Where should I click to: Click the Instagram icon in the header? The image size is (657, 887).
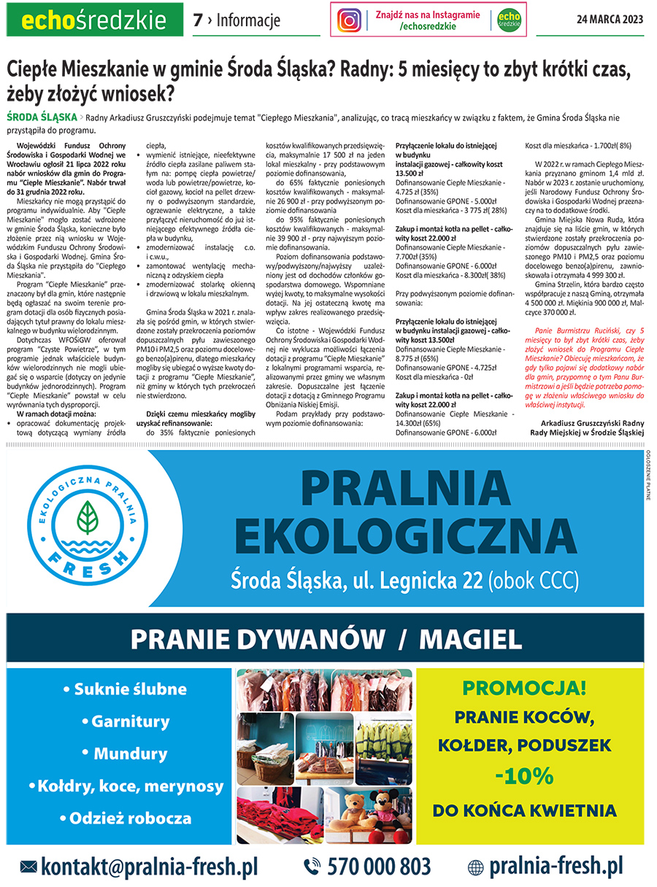tap(350, 20)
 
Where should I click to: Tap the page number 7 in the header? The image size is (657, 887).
tap(198, 20)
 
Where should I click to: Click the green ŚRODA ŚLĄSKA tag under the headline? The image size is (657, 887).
tap(41, 117)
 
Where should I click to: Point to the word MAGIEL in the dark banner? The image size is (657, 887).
tap(471, 640)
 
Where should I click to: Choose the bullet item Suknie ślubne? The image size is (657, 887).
tap(124, 689)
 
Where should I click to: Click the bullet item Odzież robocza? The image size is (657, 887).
tap(126, 818)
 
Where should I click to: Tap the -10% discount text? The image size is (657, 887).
tap(523, 775)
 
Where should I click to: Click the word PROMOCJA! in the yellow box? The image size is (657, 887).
tap(523, 687)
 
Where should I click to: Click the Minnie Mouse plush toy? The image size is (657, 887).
tap(388, 806)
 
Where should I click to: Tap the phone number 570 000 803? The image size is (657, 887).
tap(378, 867)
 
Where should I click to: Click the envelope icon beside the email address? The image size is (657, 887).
tap(28, 867)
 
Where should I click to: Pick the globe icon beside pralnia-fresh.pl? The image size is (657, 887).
tap(475, 867)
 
